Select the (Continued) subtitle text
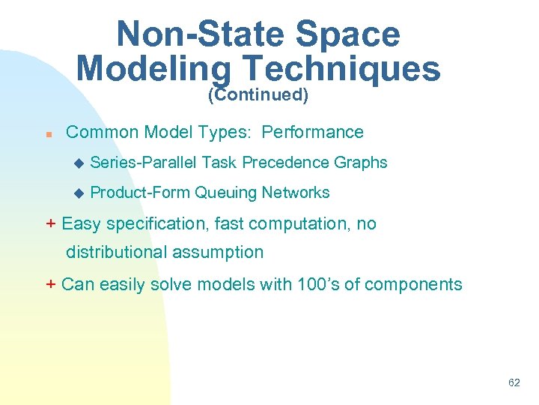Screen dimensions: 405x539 (x=258, y=95)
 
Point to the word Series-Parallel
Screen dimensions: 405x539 (x=144, y=163)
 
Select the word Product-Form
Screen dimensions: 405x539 (x=140, y=193)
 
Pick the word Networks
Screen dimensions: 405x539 (x=296, y=193)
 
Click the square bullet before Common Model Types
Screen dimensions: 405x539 (x=47, y=134)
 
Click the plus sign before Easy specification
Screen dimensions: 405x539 (x=51, y=223)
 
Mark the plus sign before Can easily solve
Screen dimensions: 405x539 (x=51, y=284)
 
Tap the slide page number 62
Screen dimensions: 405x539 (x=514, y=382)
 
